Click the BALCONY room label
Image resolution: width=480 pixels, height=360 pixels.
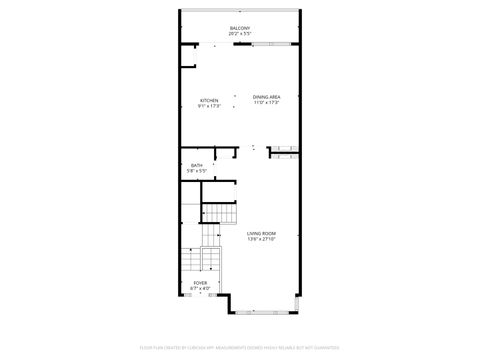(239, 27)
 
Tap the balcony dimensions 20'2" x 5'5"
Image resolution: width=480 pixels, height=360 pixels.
(239, 33)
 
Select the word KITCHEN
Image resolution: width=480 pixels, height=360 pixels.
(209, 100)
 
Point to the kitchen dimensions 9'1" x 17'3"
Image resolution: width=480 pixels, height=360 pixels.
(209, 106)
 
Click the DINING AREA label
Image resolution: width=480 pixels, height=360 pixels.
(266, 97)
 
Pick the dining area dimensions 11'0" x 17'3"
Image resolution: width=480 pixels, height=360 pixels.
(266, 103)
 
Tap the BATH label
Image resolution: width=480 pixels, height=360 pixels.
(197, 165)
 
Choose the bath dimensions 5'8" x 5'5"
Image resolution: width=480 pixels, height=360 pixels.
(197, 171)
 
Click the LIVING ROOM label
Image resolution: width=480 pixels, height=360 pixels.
(262, 233)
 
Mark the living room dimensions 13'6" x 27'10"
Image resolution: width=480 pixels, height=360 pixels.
(262, 239)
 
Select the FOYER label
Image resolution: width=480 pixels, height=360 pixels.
(201, 283)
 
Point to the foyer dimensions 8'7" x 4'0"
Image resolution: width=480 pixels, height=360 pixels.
(201, 289)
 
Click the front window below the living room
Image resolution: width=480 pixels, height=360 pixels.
(265, 313)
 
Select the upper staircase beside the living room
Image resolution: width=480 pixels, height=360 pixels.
(221, 214)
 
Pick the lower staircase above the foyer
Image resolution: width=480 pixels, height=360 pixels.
(191, 262)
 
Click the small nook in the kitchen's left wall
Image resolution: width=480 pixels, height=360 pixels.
(187, 55)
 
